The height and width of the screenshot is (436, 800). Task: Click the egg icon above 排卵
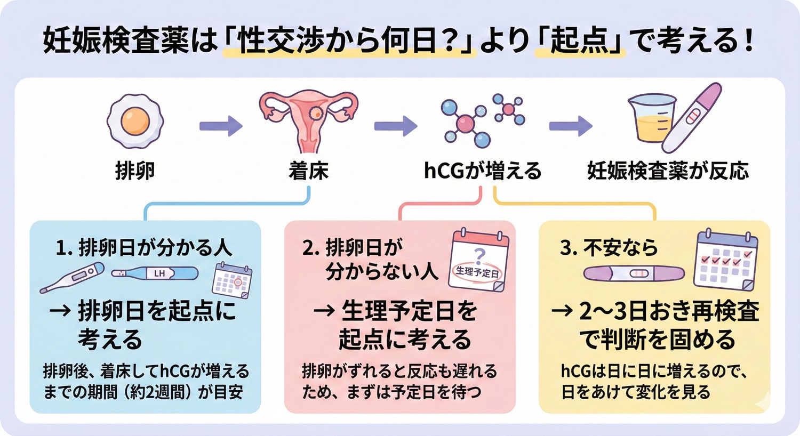(x=135, y=121)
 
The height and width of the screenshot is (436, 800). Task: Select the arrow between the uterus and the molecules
(x=395, y=126)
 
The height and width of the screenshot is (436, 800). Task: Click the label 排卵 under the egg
(x=135, y=171)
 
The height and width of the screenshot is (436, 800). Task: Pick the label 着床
(x=308, y=171)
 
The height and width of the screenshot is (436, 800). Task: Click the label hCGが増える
(x=482, y=171)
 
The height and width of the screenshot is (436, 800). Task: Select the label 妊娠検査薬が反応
(x=668, y=171)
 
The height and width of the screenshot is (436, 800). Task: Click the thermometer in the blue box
(x=73, y=277)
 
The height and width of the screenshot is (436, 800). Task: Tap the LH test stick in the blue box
(x=155, y=273)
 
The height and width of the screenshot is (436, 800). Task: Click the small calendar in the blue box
(x=232, y=280)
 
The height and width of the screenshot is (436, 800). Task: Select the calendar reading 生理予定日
(x=478, y=261)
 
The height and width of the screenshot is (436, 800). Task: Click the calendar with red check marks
(x=726, y=260)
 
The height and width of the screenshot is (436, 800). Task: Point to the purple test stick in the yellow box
(x=634, y=273)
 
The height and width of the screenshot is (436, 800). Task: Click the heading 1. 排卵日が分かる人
(x=144, y=248)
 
